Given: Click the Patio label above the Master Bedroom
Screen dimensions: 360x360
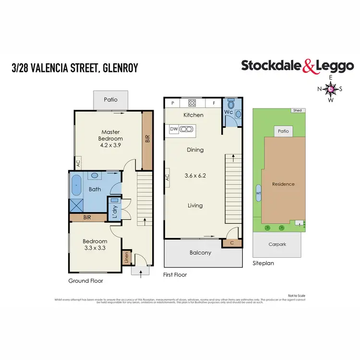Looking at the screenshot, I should (110, 100).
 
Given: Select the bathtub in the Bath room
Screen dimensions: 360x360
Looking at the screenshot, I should (77, 185).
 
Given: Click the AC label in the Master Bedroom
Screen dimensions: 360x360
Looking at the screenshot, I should (78, 163).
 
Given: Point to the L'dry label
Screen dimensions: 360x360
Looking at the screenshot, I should (115, 211).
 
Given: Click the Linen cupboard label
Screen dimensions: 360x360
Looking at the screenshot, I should (127, 258).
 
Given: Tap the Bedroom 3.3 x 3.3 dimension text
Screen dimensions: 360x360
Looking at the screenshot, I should (94, 249).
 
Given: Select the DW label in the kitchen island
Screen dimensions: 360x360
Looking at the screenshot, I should (174, 129).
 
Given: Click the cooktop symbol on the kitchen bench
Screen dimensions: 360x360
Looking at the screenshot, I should (192, 102).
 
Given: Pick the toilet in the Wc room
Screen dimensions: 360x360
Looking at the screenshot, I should (231, 104).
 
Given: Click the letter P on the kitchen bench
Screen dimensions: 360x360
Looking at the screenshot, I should (172, 103).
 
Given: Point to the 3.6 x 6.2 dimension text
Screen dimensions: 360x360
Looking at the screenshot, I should (195, 176).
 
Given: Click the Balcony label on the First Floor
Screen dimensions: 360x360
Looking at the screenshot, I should (201, 253).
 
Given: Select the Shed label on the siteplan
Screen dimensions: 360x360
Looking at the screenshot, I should (298, 110).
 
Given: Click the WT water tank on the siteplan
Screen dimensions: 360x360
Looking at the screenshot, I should (259, 193).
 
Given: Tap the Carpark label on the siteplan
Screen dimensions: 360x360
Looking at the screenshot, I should (277, 244).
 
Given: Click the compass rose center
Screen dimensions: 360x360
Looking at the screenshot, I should (330, 88).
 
